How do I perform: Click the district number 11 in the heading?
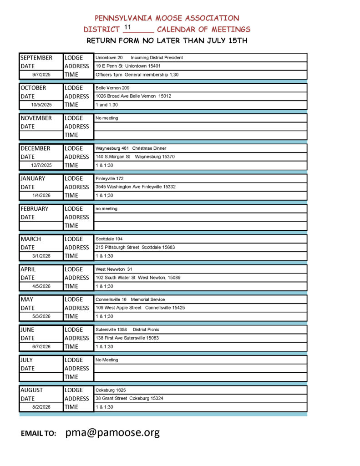(x=127, y=27)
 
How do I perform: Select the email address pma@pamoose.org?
(x=112, y=432)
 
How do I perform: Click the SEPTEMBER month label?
(x=36, y=58)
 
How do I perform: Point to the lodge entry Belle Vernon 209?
(x=109, y=88)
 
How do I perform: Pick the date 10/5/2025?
(x=41, y=105)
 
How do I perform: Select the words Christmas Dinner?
(x=149, y=148)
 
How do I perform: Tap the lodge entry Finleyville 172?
(x=109, y=178)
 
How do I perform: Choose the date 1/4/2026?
(x=41, y=196)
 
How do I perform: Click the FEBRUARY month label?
(x=34, y=209)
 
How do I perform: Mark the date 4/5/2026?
(x=41, y=286)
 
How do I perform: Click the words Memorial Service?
(x=148, y=299)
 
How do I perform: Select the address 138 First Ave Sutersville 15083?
(x=127, y=338)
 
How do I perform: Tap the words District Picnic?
(x=146, y=329)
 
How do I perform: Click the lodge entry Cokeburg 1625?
(x=111, y=390)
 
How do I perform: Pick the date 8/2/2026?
(x=41, y=407)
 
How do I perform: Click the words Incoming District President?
(x=157, y=58)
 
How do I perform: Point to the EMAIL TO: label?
(x=38, y=434)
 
